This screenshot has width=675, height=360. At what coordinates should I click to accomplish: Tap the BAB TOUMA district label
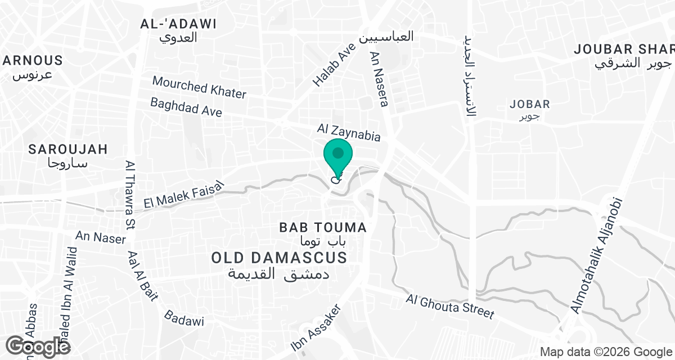323,228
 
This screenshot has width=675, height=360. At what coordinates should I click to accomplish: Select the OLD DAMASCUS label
279,258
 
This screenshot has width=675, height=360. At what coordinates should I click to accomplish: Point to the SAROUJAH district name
68,149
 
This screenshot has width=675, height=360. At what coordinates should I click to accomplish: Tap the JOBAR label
529,104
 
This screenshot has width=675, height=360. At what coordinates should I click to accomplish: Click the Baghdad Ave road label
186,107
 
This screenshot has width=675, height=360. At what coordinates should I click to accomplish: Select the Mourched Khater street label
199,88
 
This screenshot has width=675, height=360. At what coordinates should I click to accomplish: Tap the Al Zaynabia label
349,133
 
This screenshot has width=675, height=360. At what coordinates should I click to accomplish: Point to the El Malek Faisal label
184,195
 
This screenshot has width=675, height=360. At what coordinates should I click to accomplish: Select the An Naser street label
101,237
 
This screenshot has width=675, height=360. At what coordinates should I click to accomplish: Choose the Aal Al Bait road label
143,276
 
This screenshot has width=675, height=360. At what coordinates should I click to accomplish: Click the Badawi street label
184,318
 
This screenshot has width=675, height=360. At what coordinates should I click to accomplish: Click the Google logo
38,345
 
